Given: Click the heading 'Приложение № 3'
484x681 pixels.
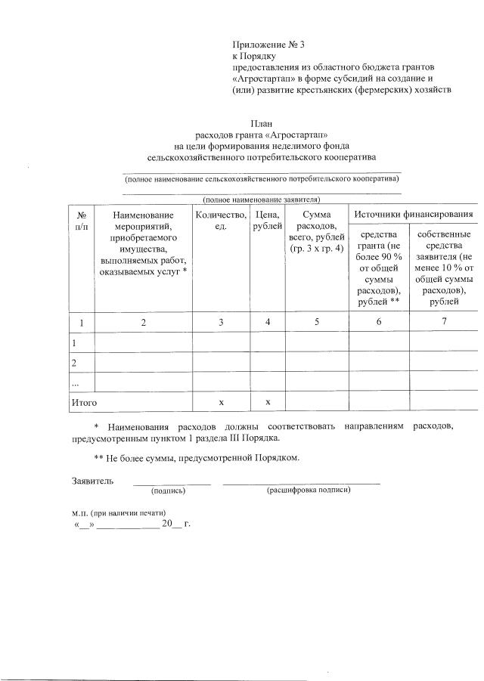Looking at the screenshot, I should pos(268,45).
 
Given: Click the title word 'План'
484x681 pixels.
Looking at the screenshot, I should pos(261,125).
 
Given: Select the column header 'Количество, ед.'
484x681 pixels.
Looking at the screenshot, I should pos(221,221).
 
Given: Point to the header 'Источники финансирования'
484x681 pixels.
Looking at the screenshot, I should pos(414,215).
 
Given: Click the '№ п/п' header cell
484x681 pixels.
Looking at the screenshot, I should pos(81,221).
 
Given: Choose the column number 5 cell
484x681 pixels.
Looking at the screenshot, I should pos(316,323).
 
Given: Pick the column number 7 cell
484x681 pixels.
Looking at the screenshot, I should pos(444,323).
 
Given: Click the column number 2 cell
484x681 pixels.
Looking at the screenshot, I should pos(143,323).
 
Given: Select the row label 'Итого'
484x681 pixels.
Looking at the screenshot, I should pos(83,403).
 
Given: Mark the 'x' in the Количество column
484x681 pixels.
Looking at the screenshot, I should pos(221,403).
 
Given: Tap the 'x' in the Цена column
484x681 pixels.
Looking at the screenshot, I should pos(268,403).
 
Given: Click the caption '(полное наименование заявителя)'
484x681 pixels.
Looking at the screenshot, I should pos(261,200).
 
